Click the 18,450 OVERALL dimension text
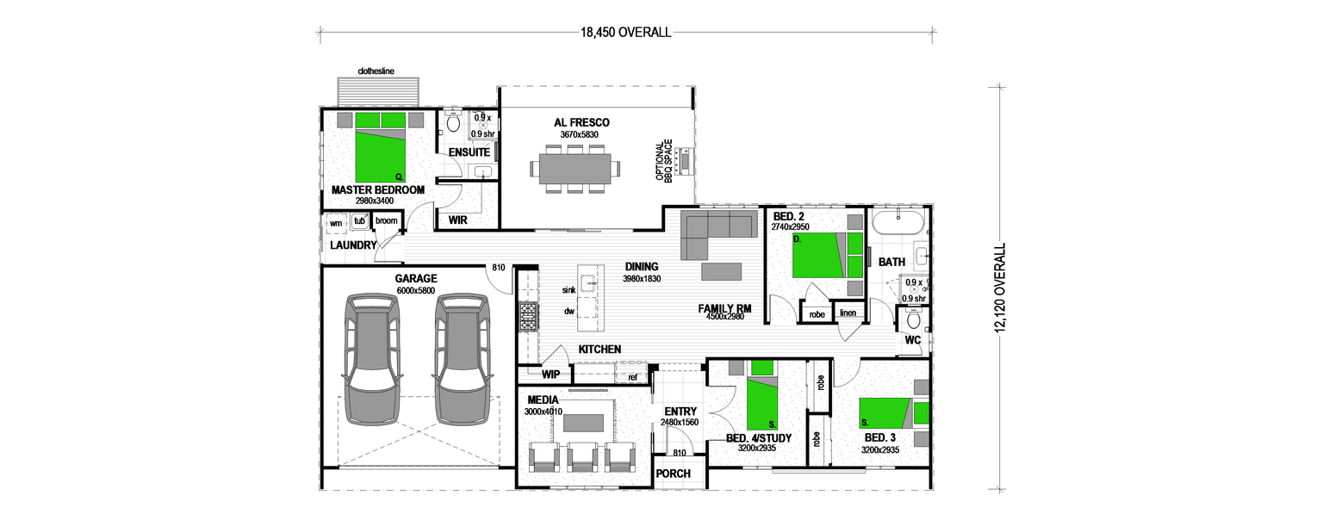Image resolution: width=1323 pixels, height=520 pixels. click(625, 33)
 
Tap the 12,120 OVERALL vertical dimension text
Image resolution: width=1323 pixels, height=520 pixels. click(1000, 288)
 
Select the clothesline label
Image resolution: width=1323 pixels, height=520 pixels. click(376, 71)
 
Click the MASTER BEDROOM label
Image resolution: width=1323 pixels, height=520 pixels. click(378, 189)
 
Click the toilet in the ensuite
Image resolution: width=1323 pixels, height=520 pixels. click(454, 123)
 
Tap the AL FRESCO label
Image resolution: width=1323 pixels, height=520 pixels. click(581, 123)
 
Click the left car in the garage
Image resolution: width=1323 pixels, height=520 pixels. click(371, 359)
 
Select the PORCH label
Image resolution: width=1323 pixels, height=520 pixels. click(673, 474)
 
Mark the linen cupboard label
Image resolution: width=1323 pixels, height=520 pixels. click(848, 313)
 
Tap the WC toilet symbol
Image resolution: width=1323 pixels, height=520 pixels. click(913, 320)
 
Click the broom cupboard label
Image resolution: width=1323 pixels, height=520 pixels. click(387, 221)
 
